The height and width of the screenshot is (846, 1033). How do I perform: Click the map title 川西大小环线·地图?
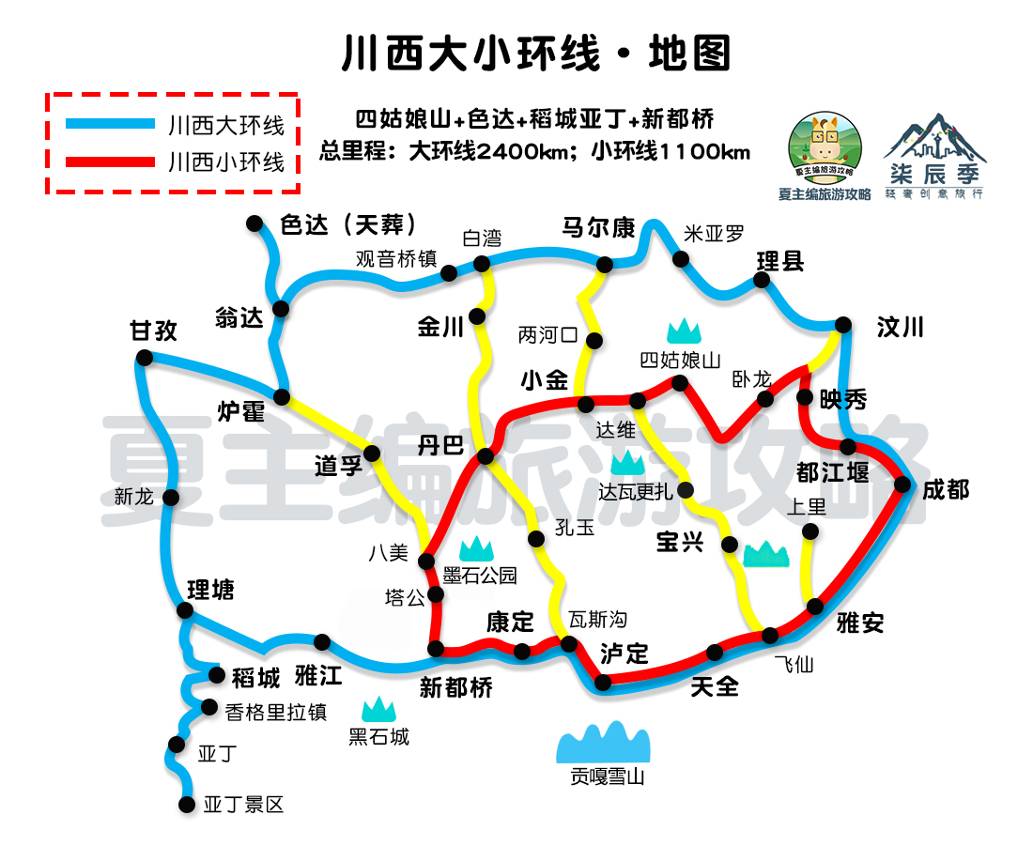(535, 54)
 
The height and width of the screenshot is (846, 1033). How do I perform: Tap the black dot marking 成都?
(902, 485)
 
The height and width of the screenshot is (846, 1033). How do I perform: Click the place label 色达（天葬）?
(347, 225)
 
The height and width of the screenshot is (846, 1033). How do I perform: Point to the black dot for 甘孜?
(144, 357)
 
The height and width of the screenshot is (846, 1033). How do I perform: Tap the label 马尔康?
(598, 228)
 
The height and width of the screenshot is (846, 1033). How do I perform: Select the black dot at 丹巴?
(486, 456)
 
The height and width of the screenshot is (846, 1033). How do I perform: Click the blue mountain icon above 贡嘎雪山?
(604, 743)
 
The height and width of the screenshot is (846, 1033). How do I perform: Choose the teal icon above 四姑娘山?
(685, 331)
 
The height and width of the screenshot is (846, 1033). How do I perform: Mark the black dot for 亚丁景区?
(185, 804)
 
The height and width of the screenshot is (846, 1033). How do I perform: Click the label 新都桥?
(455, 687)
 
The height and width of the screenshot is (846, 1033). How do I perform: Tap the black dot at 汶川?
(843, 325)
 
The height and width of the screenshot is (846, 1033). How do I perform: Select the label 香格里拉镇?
(276, 712)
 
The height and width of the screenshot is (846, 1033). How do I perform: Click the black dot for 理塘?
(185, 610)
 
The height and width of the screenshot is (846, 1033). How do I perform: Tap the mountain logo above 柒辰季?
(934, 139)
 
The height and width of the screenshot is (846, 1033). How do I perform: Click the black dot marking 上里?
(810, 532)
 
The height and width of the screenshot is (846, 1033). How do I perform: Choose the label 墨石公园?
(480, 575)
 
